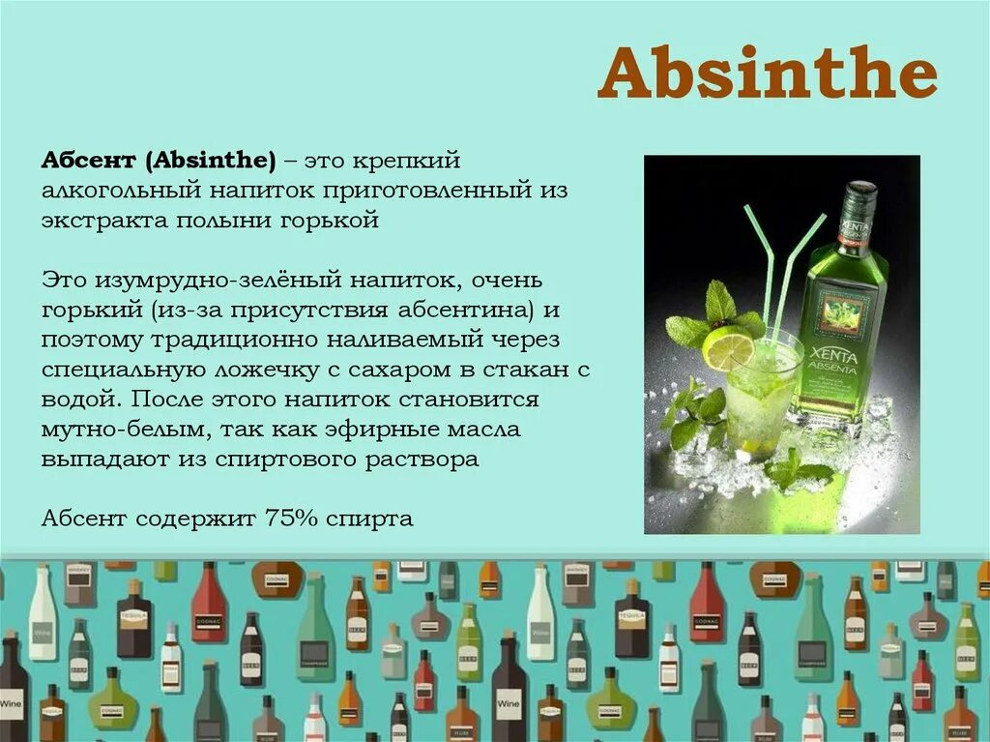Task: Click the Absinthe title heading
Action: point(768,75)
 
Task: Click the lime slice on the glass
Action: point(727,348)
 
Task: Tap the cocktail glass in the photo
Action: point(764,397)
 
